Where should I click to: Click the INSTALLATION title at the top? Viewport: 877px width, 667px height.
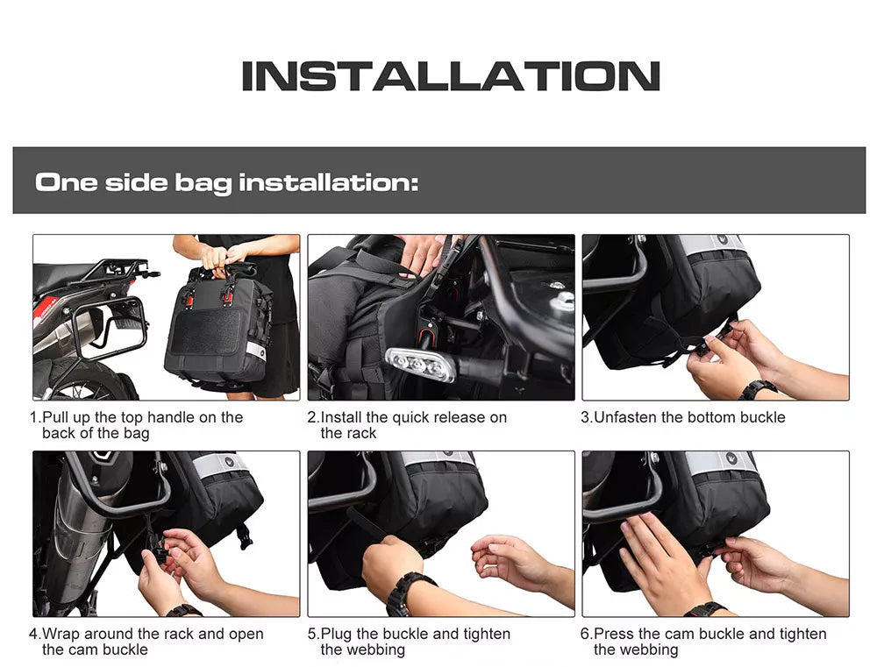tap(450, 76)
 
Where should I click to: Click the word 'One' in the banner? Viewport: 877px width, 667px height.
tap(66, 183)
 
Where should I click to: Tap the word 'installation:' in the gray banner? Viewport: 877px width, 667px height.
tap(328, 183)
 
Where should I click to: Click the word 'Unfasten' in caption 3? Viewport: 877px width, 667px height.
tap(625, 417)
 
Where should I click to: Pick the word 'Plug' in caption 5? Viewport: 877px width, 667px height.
tap(337, 634)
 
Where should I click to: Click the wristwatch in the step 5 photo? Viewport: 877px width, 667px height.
tap(410, 593)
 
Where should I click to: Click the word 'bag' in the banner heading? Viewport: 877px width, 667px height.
tap(203, 183)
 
